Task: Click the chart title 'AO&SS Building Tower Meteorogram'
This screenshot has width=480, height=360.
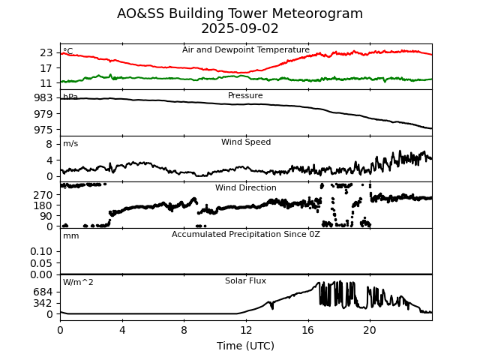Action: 240,13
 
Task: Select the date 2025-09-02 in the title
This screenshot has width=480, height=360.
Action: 240,28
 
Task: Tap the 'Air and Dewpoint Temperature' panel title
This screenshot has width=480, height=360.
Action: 246,50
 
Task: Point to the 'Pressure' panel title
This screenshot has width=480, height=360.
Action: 246,96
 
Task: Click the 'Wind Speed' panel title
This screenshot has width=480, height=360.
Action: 246,142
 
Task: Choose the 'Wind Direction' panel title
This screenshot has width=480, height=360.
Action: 246,188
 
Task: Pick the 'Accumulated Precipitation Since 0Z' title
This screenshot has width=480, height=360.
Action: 246,235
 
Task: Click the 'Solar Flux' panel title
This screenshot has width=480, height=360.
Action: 246,281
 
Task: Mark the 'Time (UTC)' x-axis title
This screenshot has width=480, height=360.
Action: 246,346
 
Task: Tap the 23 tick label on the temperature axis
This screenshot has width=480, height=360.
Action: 46,52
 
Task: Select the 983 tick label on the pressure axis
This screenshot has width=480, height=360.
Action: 43,97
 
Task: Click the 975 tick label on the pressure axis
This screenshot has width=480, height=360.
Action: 43,130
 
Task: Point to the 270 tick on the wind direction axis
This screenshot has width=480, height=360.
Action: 43,195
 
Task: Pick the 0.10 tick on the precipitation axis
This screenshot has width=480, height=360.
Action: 41,251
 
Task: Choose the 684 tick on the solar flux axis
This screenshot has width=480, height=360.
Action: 43,292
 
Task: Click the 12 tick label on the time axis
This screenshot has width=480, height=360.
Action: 246,330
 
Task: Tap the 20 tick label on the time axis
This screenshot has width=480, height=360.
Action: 370,330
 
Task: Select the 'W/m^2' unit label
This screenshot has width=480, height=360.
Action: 78,283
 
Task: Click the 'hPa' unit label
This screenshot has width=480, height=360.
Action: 70,97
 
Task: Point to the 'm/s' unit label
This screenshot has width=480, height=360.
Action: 70,144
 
